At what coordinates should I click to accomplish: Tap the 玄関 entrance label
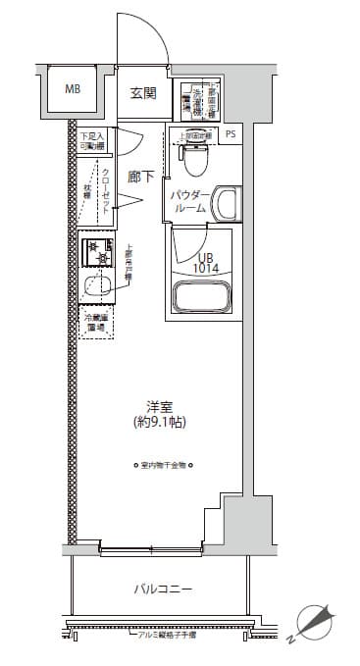point(143,94)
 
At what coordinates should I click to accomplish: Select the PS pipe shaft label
point(231,134)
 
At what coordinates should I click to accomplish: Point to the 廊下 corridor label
point(140,177)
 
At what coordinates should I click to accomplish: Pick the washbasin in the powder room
point(226,204)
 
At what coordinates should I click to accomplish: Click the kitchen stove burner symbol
point(97,251)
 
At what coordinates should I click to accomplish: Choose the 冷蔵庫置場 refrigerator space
point(96,323)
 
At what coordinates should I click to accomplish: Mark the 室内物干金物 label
point(164,466)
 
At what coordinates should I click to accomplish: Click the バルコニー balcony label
point(162,589)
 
